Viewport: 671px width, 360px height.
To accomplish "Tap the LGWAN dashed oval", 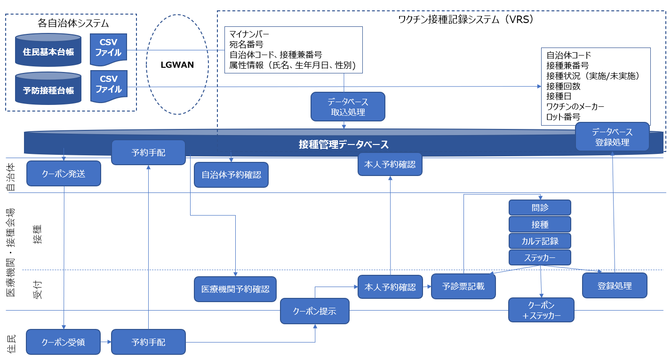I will click(177, 64).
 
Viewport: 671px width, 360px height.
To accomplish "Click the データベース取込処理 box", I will click(348, 107).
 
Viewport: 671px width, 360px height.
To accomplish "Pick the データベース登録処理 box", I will click(612, 136).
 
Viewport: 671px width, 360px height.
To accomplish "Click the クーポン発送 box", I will click(64, 174).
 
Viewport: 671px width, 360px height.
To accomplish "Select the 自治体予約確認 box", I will click(231, 175).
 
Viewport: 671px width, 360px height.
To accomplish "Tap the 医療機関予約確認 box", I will click(235, 289).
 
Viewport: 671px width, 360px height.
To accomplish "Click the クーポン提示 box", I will click(315, 311).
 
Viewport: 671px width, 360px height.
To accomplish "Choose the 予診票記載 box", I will click(463, 286).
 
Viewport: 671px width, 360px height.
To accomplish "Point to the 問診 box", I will click(540, 208).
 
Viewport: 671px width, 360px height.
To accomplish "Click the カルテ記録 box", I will click(540, 241).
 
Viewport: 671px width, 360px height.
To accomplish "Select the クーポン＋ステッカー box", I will click(541, 310).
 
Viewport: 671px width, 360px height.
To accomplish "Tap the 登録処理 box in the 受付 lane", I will click(615, 286).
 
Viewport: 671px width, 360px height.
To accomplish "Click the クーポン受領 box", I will click(64, 342).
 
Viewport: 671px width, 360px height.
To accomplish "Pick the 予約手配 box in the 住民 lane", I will click(148, 342).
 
